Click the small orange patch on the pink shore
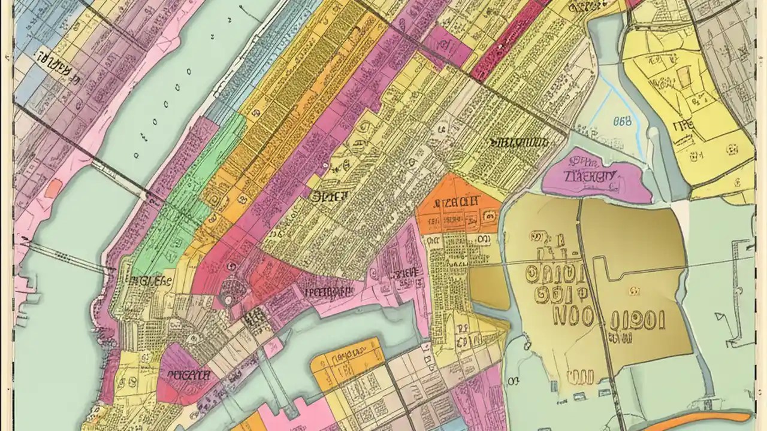53,189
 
